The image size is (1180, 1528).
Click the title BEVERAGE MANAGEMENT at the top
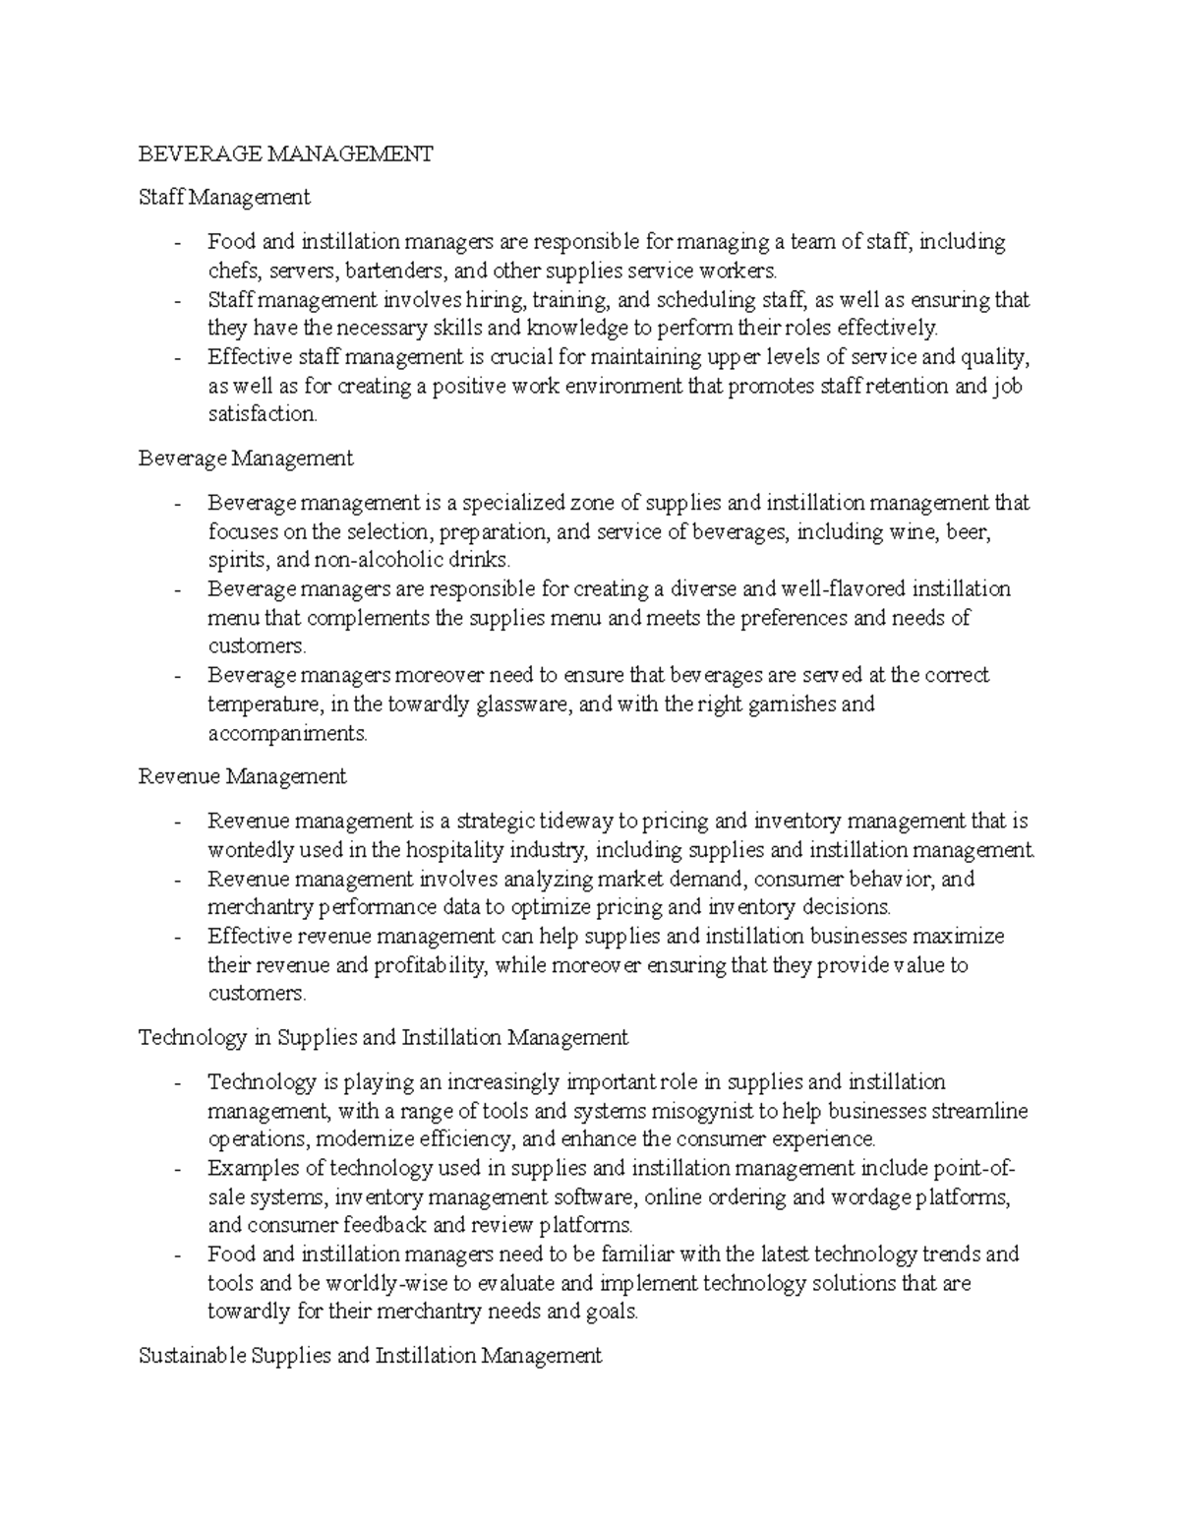click(285, 153)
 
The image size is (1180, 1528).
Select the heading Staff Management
click(224, 198)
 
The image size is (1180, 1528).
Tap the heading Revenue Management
click(242, 776)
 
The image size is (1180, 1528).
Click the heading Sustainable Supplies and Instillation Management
click(370, 1356)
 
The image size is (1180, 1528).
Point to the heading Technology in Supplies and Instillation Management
click(383, 1037)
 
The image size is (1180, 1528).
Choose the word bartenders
click(374, 271)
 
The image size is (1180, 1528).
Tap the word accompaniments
click(286, 733)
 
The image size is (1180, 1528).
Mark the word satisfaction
click(263, 414)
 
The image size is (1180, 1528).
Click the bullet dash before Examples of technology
click(177, 1170)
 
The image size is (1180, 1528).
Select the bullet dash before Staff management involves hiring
click(177, 300)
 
